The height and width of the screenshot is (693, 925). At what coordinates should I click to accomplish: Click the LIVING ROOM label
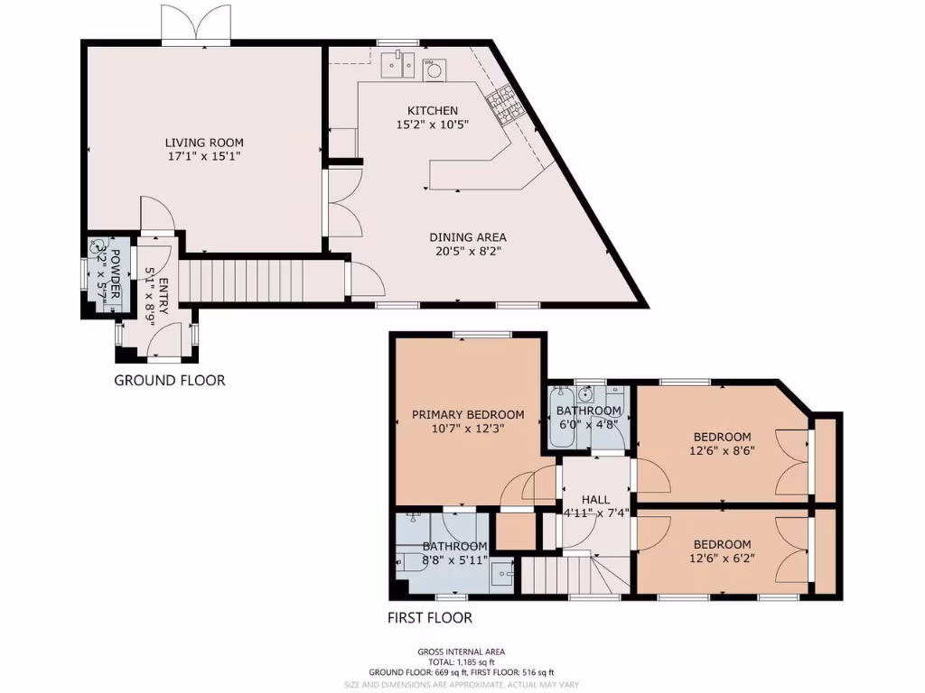pos(203,143)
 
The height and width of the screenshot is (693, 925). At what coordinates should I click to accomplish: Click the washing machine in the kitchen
pos(434,68)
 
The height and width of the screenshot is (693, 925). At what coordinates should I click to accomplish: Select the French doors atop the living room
pos(195,24)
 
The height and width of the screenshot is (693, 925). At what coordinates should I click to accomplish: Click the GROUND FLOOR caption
pos(169,380)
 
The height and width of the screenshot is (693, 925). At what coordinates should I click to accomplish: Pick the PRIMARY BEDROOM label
pos(467,414)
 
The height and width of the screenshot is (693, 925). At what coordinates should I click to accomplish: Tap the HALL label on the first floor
pos(595,499)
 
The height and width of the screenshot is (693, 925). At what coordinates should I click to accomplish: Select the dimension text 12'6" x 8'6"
pos(722,451)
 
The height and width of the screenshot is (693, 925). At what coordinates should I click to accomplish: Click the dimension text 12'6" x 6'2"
pos(722,558)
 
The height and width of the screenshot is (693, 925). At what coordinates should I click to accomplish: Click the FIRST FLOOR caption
pos(429,618)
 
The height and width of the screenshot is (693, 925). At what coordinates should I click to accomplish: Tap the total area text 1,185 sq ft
pos(462,661)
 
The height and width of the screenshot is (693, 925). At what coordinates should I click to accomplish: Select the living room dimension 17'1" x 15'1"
pos(203,156)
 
